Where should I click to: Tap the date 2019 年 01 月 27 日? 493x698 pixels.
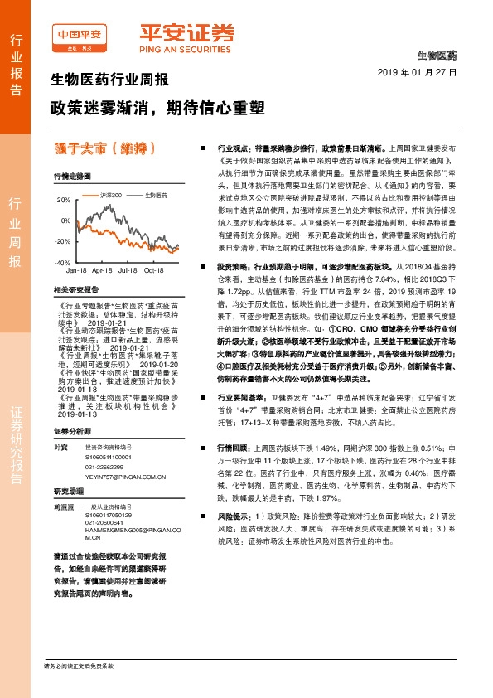click(423, 72)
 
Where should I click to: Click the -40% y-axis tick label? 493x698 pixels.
click(63, 262)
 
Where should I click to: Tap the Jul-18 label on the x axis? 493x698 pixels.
click(128, 270)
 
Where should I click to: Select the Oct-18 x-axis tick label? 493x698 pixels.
click(154, 270)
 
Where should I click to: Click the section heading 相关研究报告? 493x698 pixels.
click(75, 289)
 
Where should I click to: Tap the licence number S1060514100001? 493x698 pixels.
click(109, 456)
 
